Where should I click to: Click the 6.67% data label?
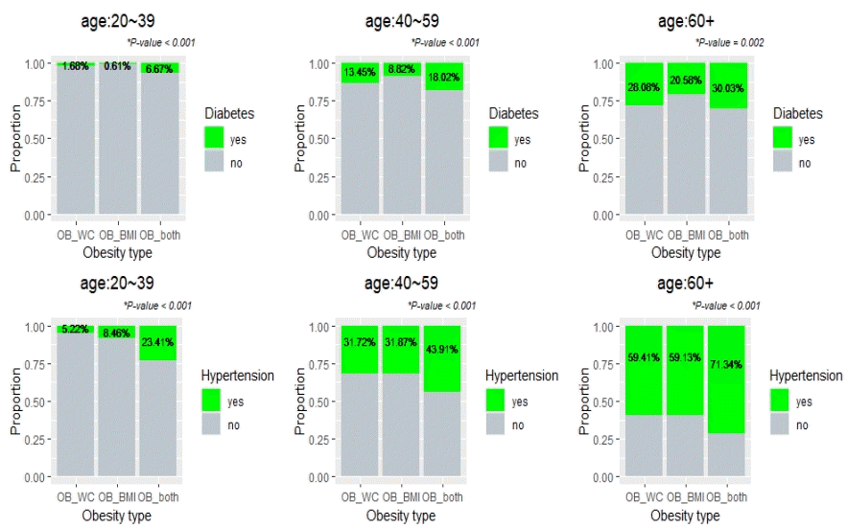pyautogui.click(x=159, y=69)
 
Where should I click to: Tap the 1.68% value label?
pyautogui.click(x=76, y=66)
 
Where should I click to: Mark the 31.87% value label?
pyautogui.click(x=401, y=342)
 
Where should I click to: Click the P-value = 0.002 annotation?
pyautogui.click(x=729, y=43)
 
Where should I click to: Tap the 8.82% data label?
pyautogui.click(x=401, y=69)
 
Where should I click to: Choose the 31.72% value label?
pyautogui.click(x=360, y=342)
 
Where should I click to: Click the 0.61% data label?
pyautogui.click(x=117, y=66)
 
